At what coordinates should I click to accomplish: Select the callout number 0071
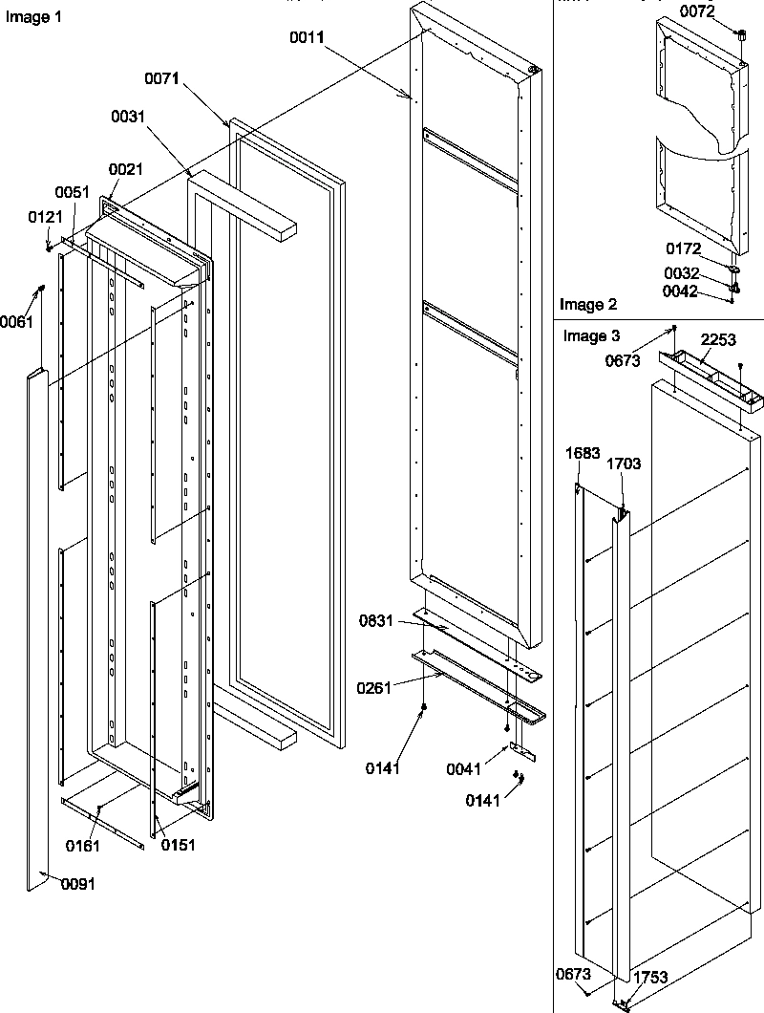163,79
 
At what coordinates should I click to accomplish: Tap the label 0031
128,117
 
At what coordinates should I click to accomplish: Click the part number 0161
83,845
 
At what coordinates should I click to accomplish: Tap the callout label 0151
179,845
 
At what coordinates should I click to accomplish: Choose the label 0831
377,621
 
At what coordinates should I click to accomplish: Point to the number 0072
696,11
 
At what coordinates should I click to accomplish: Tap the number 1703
624,463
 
